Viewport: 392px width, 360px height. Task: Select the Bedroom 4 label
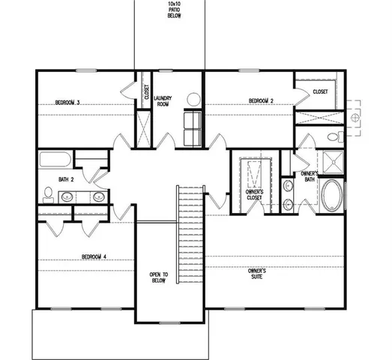(94, 256)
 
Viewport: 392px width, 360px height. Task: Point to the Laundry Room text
(163, 101)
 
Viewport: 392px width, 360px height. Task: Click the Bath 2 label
(67, 179)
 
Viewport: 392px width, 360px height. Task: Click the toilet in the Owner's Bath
(336, 138)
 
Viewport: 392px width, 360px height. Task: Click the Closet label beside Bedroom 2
(320, 91)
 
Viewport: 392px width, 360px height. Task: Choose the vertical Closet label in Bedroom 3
(146, 91)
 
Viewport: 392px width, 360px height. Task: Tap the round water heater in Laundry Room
(193, 99)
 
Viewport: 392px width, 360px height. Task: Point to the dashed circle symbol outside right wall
(356, 118)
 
